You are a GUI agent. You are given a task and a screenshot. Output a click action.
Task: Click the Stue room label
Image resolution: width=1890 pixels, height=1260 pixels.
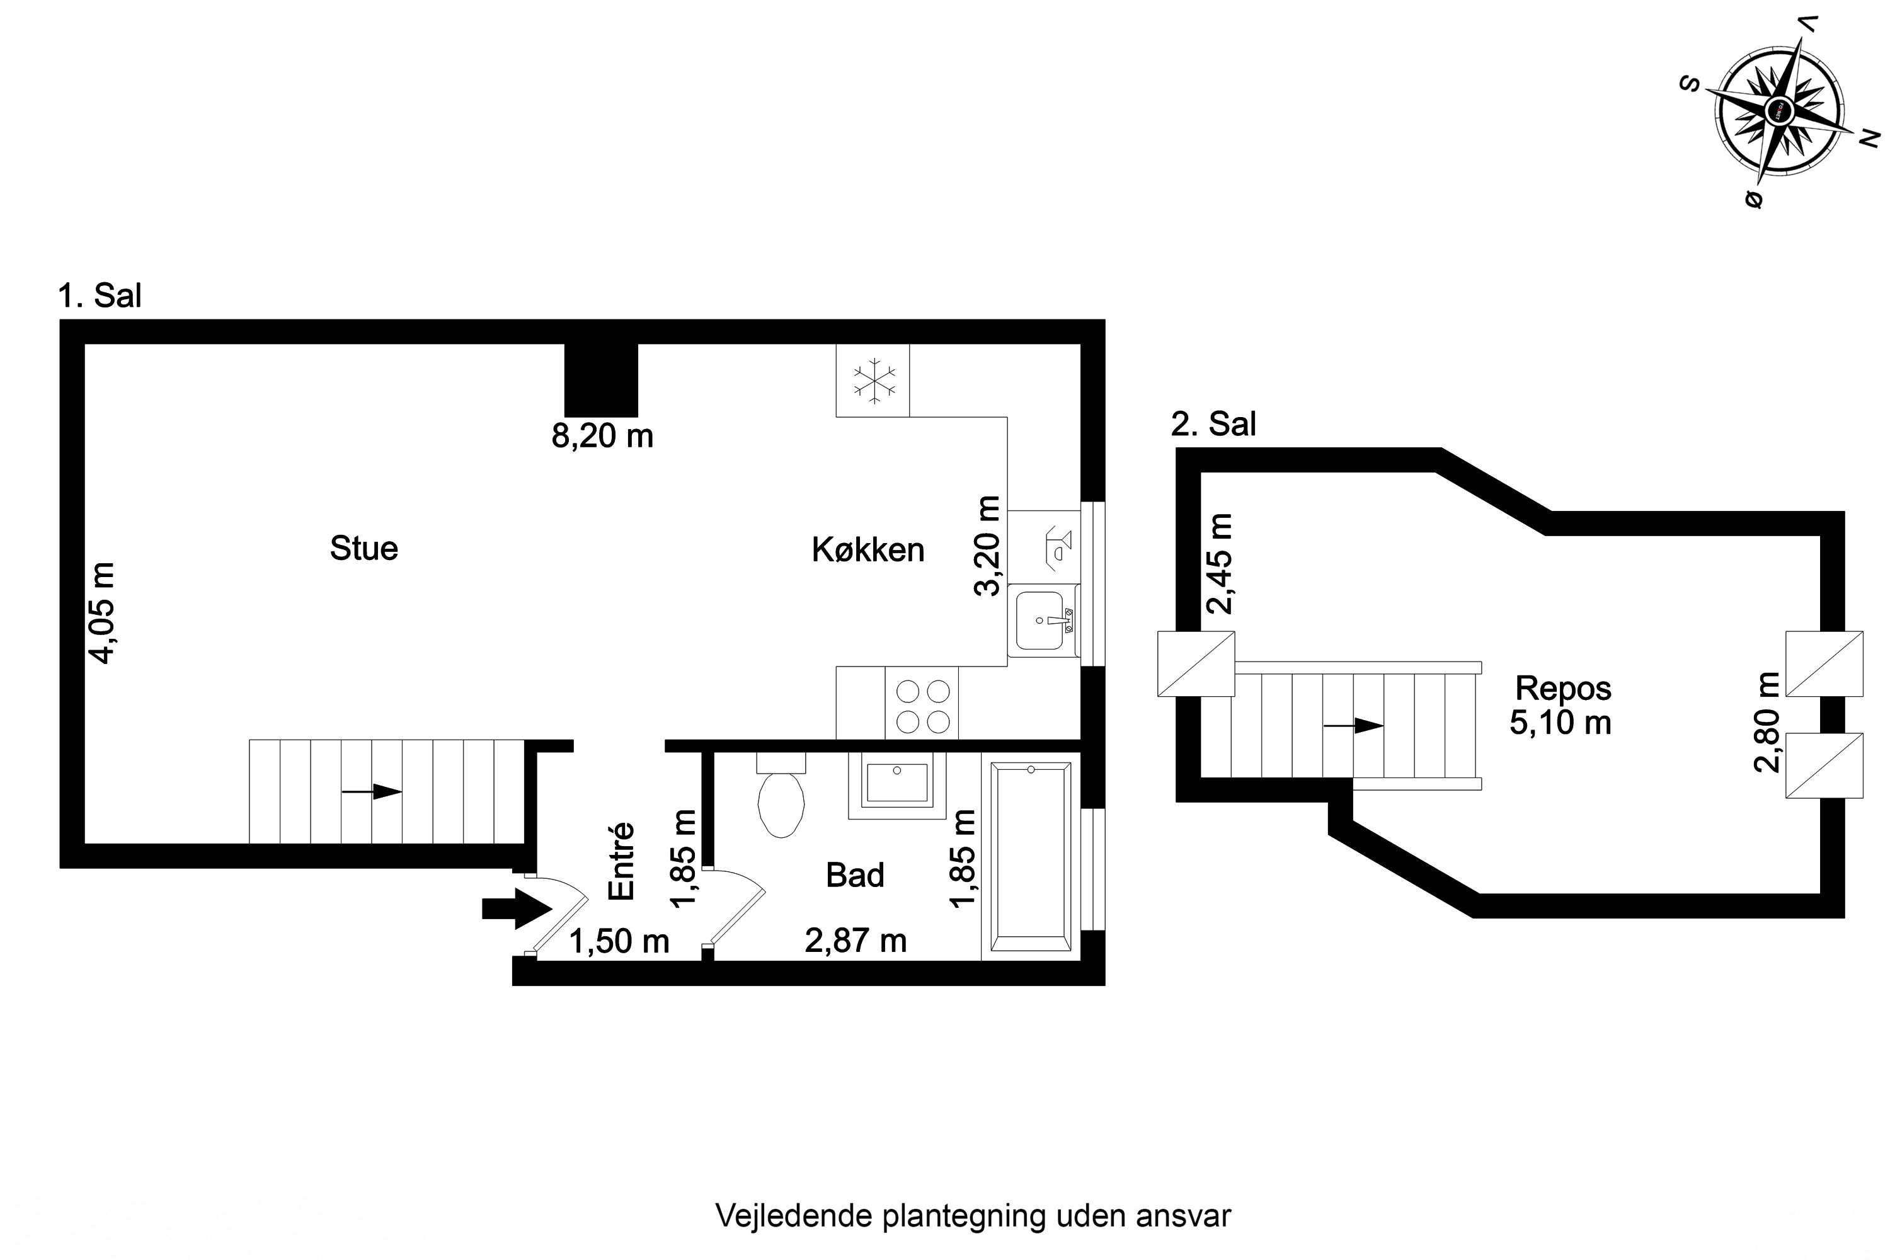point(364,548)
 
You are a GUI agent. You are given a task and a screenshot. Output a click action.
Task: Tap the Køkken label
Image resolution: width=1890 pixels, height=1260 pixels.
point(868,551)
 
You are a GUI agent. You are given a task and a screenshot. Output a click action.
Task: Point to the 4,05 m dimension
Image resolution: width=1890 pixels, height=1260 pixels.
point(102,612)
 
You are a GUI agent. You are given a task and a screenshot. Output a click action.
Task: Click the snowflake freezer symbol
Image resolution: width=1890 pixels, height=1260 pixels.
point(873,381)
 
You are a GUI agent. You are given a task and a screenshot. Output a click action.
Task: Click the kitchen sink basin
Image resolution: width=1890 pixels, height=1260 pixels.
point(1041,621)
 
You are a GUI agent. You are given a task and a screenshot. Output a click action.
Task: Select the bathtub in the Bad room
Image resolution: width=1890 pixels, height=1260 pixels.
point(1031,857)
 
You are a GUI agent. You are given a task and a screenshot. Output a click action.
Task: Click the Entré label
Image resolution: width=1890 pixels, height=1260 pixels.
point(622,861)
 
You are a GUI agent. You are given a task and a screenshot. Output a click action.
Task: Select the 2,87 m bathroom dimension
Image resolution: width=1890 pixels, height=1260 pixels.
point(856,941)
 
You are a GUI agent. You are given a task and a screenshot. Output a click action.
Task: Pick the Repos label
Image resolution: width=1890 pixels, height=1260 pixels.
point(1563,689)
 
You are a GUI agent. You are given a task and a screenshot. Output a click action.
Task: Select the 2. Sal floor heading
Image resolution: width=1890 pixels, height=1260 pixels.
point(1213,423)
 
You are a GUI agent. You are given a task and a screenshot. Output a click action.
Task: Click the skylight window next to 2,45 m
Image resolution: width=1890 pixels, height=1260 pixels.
point(1196,664)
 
